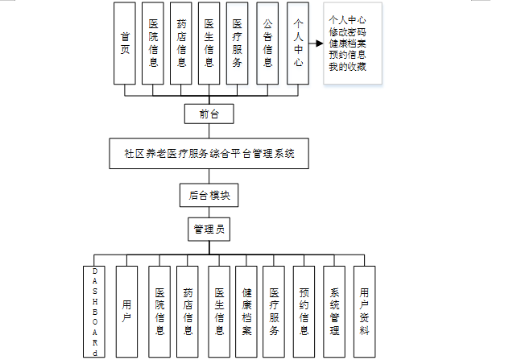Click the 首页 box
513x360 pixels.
(125, 43)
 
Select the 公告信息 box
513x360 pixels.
(267, 43)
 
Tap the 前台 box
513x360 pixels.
(209, 114)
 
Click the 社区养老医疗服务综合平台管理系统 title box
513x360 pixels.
(209, 152)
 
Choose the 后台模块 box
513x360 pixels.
(209, 195)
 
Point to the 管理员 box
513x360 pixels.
(209, 229)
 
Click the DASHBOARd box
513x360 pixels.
(94, 311)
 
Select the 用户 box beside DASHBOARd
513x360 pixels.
(127, 311)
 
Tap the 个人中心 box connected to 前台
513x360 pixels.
(298, 43)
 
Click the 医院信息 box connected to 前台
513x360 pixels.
(153, 43)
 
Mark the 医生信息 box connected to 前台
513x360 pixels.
(209, 43)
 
